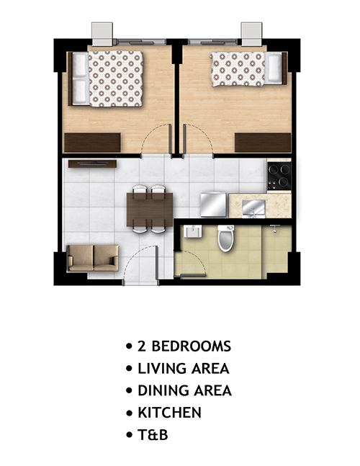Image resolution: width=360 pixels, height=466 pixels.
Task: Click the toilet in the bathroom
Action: tap(226, 238)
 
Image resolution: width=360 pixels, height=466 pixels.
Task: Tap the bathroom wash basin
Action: tap(193, 231)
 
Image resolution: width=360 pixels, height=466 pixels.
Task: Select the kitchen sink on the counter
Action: tap(253, 207)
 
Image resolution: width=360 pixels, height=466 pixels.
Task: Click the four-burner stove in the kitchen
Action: tap(279, 175)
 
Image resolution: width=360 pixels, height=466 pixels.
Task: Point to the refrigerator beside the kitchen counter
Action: tap(214, 205)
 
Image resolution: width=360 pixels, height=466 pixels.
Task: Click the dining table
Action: tap(150, 210)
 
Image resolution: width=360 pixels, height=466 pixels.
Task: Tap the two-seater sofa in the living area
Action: tap(93, 258)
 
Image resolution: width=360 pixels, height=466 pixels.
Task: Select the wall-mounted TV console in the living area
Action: tap(92, 163)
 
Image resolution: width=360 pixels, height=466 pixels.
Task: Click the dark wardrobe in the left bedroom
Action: tap(92, 143)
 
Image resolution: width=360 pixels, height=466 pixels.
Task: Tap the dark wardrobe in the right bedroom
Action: tap(263, 143)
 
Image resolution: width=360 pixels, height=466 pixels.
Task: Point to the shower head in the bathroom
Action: tap(275, 228)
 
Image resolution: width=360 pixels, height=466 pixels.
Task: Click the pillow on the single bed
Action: tap(274, 68)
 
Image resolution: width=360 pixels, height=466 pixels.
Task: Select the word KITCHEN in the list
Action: tap(170, 413)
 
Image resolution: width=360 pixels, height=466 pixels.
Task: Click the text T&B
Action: tap(153, 435)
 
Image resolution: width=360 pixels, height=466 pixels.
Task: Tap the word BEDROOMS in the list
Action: tap(192, 346)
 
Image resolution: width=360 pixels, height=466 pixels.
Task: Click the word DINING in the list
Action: tap(163, 390)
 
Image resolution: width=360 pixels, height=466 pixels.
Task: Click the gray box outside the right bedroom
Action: tap(251, 34)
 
